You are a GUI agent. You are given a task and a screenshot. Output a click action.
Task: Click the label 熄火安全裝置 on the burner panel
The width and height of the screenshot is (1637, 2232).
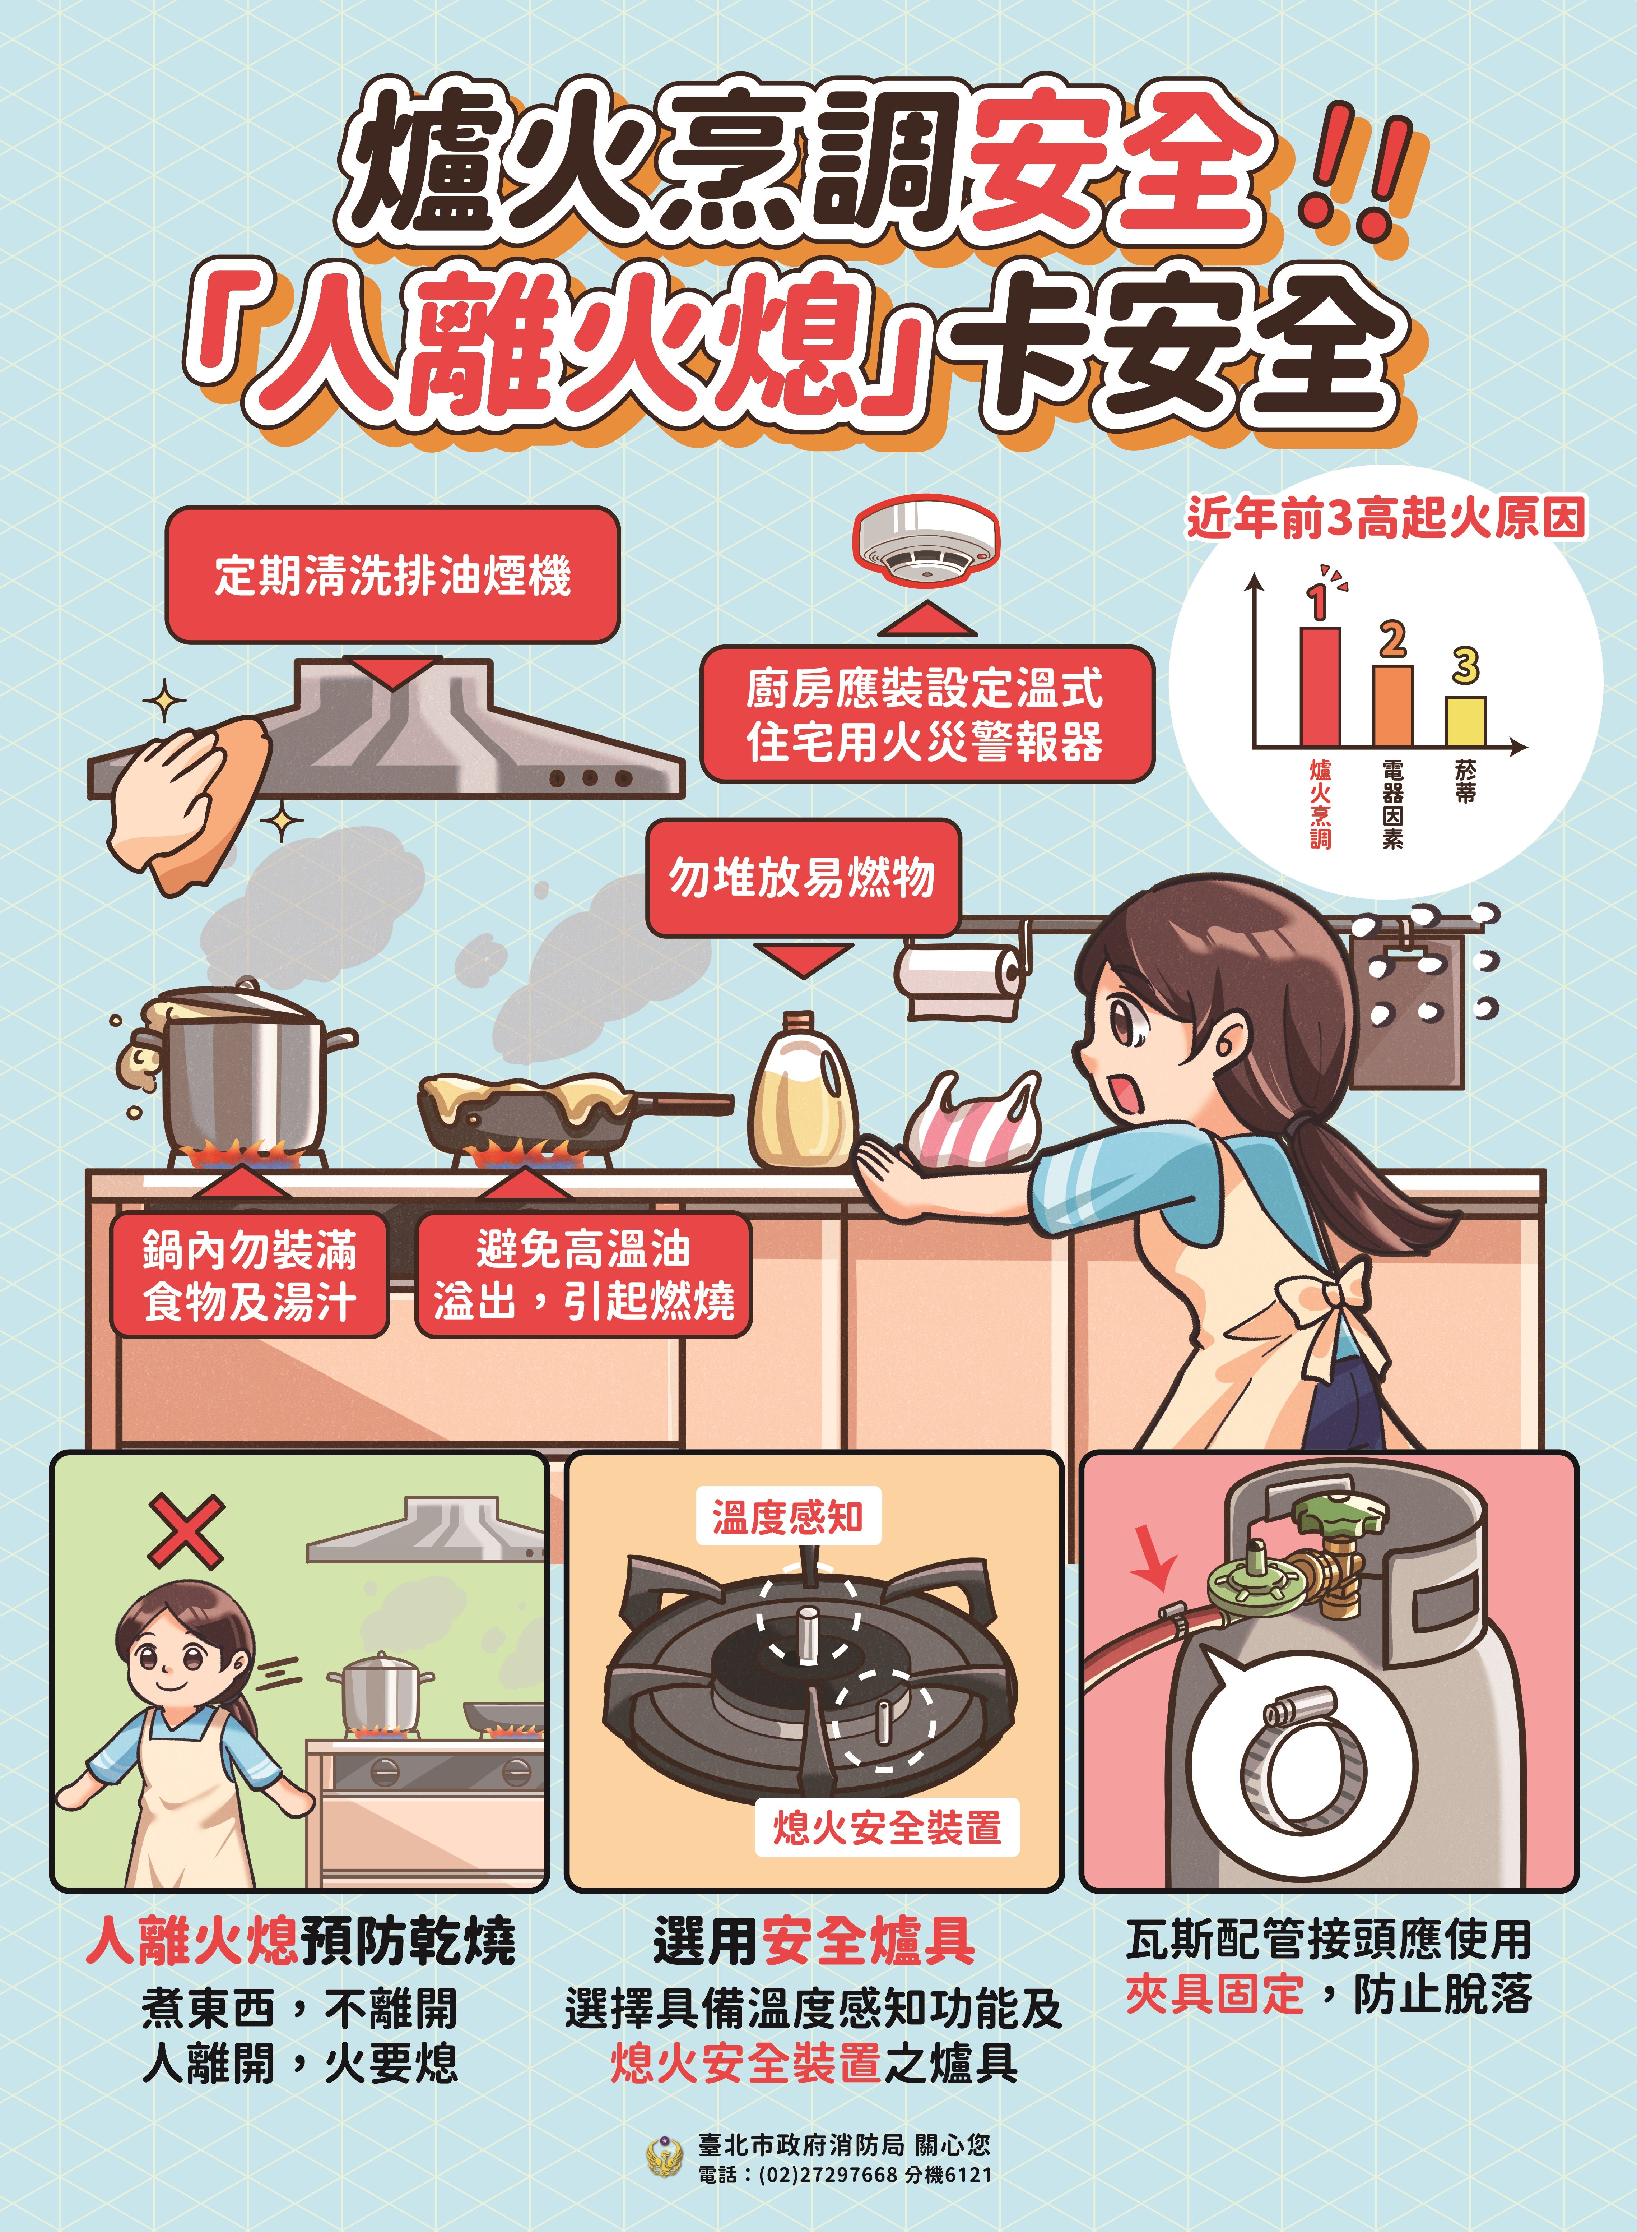coord(887,1827)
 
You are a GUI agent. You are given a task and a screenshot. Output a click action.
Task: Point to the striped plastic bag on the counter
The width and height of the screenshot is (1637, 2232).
coord(973,1120)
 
